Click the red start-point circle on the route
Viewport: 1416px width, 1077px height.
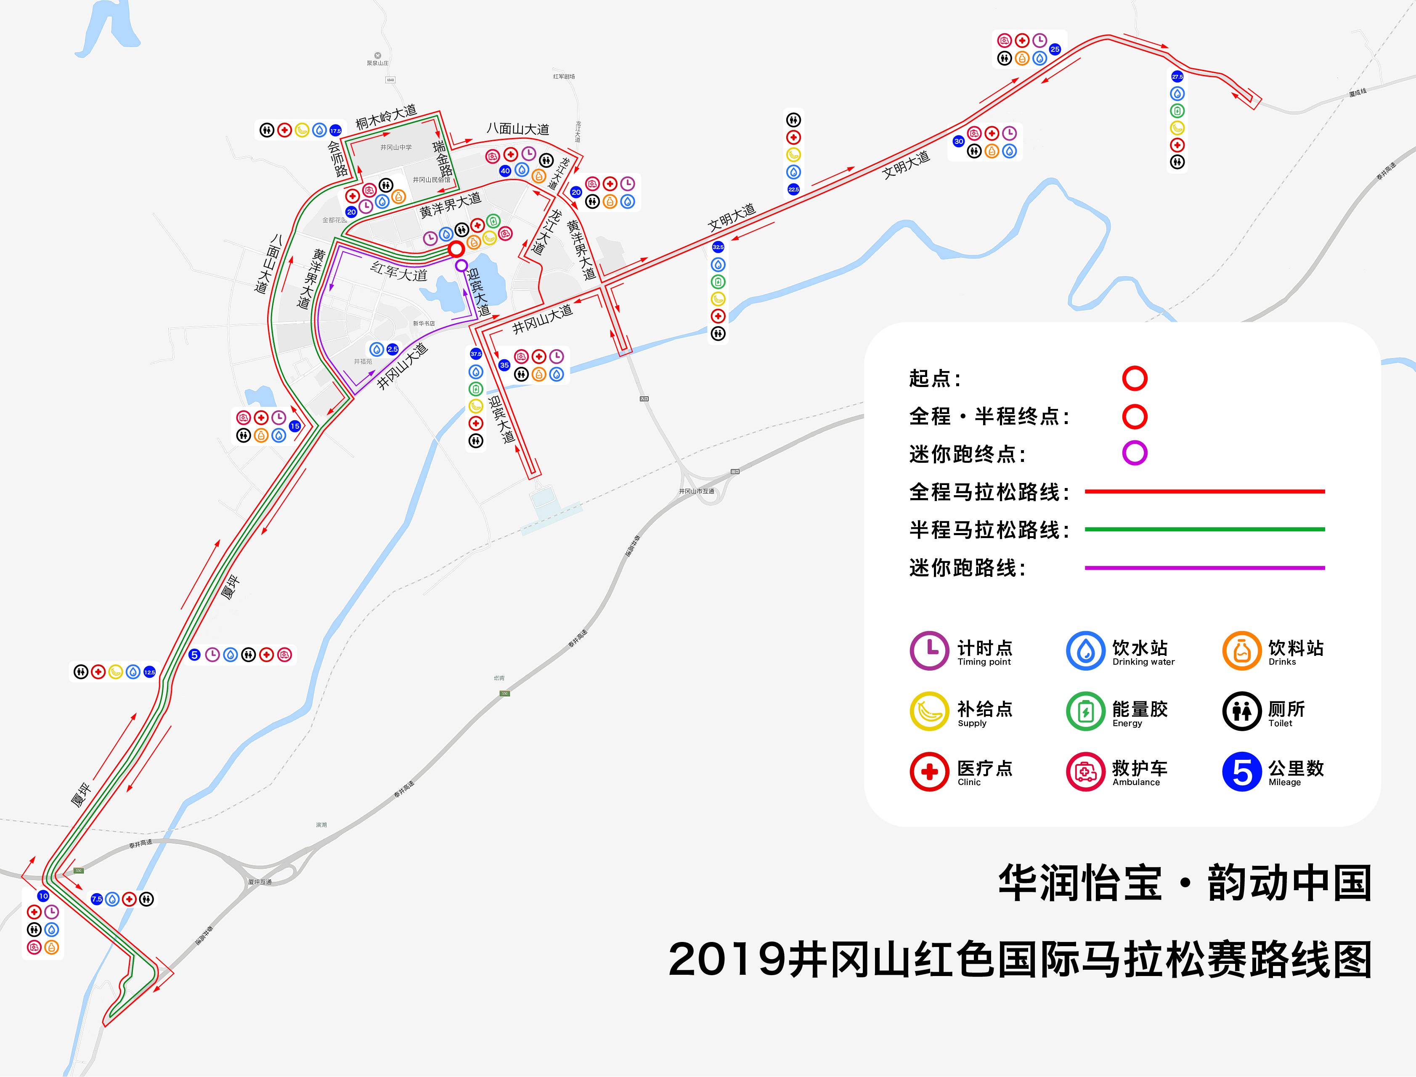click(x=456, y=249)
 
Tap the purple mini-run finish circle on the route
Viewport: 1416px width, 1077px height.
click(x=461, y=265)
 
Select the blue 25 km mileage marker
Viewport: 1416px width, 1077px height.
click(x=1055, y=49)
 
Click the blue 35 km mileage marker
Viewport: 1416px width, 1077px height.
click(x=504, y=366)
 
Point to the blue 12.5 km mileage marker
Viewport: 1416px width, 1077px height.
click(x=149, y=672)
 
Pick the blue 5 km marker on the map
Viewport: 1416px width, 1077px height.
click(x=195, y=655)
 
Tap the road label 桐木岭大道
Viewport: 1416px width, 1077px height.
click(x=386, y=117)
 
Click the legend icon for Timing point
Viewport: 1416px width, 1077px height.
click(x=929, y=651)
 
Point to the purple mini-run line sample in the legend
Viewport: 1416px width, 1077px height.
click(x=1204, y=568)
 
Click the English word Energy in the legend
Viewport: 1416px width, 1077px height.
click(x=1127, y=723)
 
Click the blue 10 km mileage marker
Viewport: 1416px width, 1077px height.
click(x=43, y=896)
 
